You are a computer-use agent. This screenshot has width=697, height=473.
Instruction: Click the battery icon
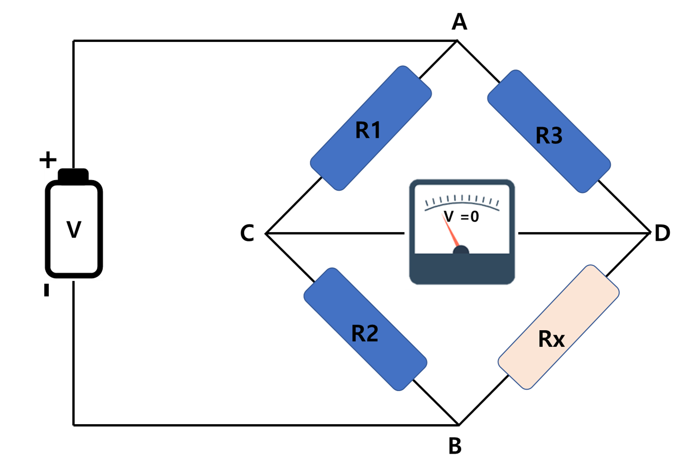[x=74, y=224]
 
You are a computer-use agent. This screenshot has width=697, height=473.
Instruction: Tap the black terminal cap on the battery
[x=74, y=175]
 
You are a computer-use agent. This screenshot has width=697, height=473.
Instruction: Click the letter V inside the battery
[x=74, y=229]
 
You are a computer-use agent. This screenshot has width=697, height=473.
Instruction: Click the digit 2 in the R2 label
[x=372, y=333]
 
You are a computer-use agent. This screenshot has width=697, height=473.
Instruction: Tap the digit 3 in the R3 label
[x=556, y=136]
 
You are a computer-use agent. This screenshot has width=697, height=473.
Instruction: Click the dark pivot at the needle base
[x=461, y=251]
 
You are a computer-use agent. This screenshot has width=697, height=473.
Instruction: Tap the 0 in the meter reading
[x=475, y=216]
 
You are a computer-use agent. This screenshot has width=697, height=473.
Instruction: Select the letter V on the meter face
[x=449, y=216]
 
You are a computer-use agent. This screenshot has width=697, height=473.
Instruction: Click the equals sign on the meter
[x=465, y=216]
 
